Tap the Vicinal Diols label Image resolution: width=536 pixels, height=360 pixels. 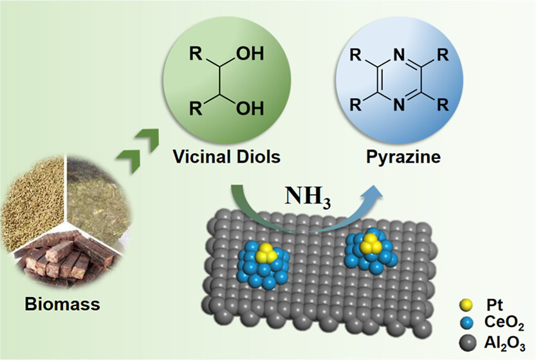click(x=219, y=156)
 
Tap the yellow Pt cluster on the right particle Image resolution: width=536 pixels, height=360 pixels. click(x=369, y=244)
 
